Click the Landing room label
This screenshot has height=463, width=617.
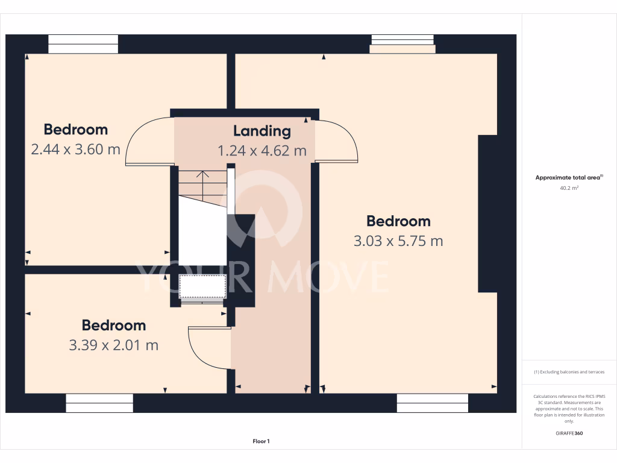coord(262,131)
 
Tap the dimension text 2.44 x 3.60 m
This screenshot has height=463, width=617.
coord(75,149)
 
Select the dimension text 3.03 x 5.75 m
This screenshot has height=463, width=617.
coord(398,241)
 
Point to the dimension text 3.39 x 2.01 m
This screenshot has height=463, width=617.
coord(113,345)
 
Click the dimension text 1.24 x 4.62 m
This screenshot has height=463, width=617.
coord(262,151)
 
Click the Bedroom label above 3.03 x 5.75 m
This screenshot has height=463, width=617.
coord(398,221)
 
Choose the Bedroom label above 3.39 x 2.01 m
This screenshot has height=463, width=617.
coord(113,326)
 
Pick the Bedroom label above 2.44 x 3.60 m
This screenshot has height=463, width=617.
coord(75,130)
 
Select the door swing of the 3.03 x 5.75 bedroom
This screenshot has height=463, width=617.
coord(337,140)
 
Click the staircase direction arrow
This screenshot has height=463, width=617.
coord(202,175)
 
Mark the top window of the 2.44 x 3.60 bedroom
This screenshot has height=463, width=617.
coord(83,44)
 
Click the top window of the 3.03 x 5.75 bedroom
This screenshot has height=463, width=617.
coord(402,43)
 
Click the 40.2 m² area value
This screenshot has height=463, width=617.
coord(569,188)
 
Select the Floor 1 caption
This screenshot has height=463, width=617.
coord(261,441)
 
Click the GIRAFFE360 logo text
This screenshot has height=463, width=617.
coord(569,433)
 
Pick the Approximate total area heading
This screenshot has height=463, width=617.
coord(568,178)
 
